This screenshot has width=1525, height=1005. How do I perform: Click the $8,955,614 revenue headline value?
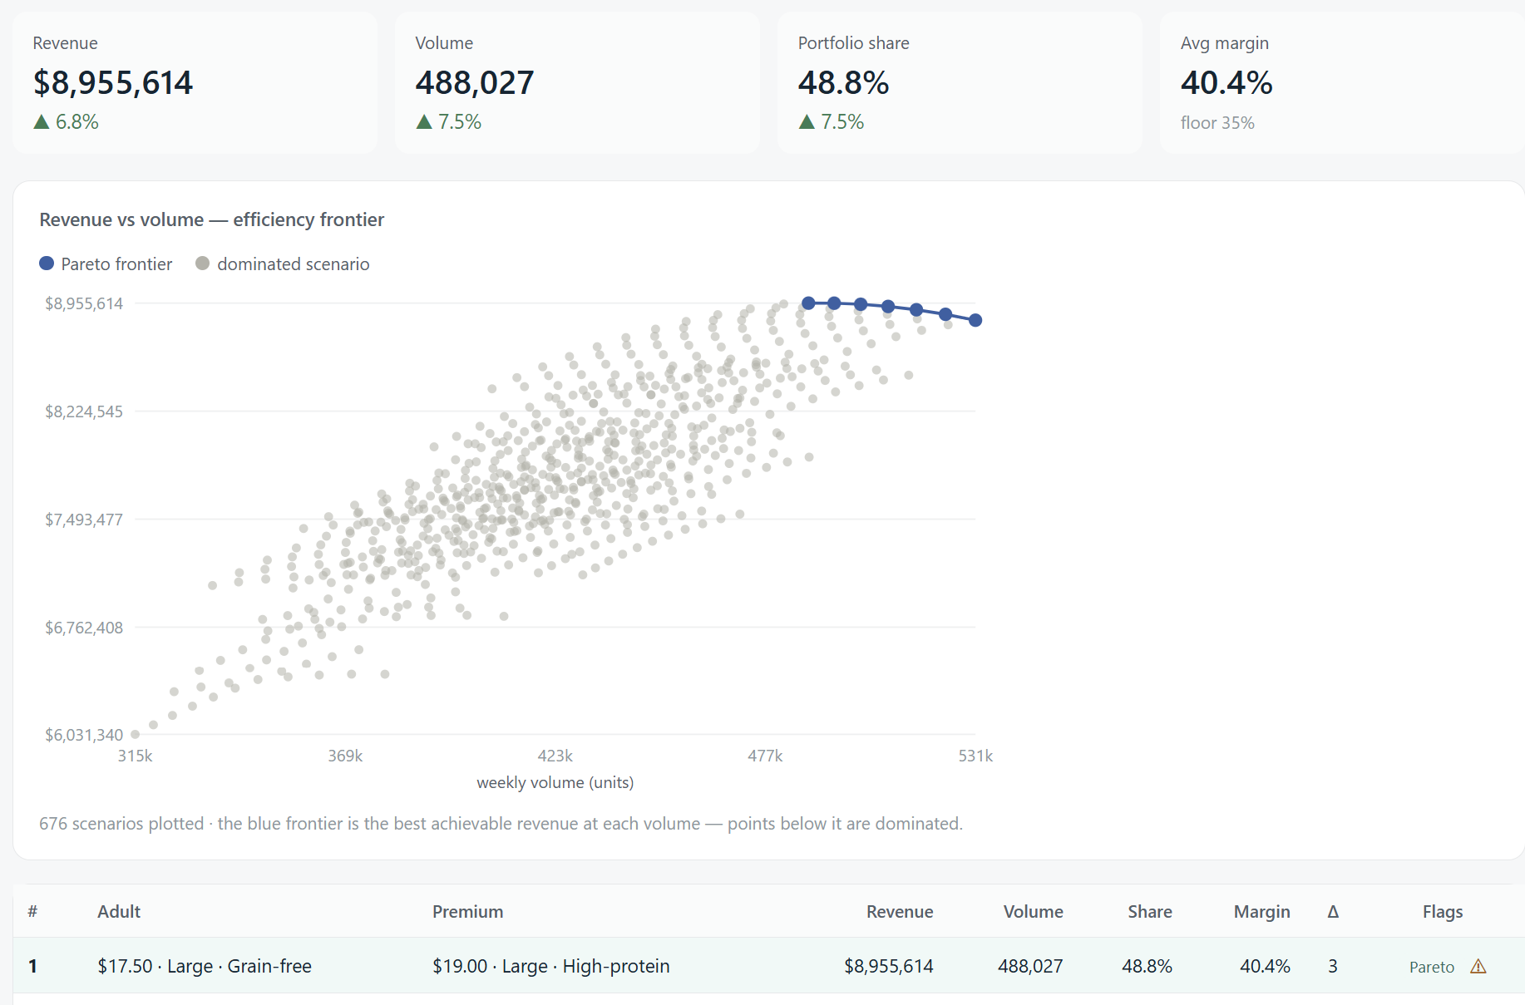[113, 83]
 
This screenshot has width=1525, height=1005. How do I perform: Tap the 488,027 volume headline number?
[475, 83]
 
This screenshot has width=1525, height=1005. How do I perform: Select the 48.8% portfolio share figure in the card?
[844, 83]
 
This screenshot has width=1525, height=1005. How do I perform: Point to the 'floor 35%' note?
[1217, 123]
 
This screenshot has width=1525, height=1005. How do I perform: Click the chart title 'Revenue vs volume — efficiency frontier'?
[212, 219]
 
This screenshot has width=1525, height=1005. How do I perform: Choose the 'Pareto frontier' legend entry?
[106, 264]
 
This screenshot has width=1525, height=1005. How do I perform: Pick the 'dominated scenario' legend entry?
[283, 264]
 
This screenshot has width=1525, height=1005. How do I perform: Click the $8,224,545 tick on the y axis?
[84, 411]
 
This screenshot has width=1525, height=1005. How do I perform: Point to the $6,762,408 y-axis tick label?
[84, 628]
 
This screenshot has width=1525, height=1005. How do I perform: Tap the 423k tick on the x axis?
[555, 756]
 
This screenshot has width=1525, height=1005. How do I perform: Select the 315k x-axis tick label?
[136, 756]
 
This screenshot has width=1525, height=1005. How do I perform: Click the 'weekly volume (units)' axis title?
[555, 782]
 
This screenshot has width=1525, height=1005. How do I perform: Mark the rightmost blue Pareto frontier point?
[975, 320]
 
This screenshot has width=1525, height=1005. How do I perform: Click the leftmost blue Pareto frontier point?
[808, 303]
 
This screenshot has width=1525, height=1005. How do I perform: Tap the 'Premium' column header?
[468, 912]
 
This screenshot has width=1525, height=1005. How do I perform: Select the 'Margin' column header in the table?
[1262, 912]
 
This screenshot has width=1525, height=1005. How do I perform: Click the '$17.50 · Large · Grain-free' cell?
[205, 966]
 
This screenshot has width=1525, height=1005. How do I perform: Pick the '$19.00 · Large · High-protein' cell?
[551, 966]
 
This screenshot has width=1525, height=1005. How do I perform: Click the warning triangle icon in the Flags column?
[1478, 966]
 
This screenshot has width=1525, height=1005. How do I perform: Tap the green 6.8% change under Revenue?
[67, 122]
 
